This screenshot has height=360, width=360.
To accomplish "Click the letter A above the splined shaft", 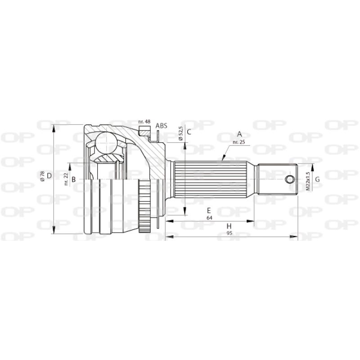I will tap(240, 134).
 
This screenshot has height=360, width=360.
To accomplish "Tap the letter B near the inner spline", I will tap(74, 180).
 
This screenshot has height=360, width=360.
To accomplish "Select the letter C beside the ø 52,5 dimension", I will tap(189, 132).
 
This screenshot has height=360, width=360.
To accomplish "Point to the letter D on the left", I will tap(49, 176).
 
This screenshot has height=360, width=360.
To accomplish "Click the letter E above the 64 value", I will tap(209, 211).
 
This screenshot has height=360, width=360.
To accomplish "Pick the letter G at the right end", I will tap(317, 180).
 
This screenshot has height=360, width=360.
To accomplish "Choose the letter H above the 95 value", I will tap(229, 226).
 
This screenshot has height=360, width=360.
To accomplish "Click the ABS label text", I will tap(161, 126).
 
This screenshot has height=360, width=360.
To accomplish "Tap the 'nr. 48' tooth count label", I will tap(144, 122).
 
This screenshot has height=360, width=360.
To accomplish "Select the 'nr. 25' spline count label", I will tap(238, 142).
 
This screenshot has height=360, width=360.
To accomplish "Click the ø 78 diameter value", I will tap(42, 176).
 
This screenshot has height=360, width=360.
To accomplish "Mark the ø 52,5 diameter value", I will tap(181, 134).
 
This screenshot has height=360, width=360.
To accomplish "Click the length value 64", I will tap(209, 218).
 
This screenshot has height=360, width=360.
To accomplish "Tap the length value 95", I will tap(229, 233).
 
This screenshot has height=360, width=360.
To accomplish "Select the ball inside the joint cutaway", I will tap(107, 143).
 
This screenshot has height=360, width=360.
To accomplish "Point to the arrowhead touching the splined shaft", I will tap(223, 158).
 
